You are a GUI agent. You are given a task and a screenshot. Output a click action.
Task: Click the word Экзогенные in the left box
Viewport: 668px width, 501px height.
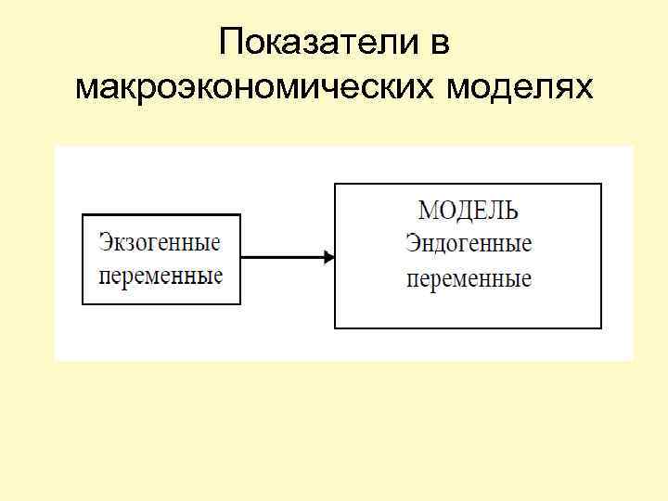coord(161,244)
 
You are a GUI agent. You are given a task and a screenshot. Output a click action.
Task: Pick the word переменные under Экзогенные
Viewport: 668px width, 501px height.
coord(161,276)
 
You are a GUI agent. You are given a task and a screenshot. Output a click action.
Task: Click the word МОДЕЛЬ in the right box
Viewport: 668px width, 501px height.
coord(469,212)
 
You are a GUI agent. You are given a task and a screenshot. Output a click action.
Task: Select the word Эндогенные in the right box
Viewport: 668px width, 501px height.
coord(469,245)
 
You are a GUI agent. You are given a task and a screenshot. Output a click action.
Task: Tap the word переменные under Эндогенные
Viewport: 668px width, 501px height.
coord(469,278)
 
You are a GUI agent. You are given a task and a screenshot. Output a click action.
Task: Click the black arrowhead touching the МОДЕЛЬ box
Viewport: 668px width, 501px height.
coord(328,257)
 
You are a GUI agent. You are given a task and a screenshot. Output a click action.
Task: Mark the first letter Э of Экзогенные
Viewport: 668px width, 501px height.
coord(105,243)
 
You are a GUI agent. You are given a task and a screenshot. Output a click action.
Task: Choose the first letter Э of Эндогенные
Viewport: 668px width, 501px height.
coord(412,245)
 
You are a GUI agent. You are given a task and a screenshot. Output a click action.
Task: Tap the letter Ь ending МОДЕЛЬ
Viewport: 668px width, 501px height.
coord(511,212)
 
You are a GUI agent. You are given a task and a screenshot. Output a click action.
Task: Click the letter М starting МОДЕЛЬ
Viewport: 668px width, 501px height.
coord(430,212)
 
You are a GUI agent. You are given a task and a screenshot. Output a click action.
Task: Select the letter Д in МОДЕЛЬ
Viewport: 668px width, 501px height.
coord(466,212)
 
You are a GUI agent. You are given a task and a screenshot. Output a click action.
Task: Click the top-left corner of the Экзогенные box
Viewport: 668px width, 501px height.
coord(83,215)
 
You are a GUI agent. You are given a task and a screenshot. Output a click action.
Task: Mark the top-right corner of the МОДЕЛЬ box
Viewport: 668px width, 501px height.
coord(601,185)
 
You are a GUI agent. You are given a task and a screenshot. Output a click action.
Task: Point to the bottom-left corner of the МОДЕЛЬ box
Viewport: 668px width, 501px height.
coord(335,328)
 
